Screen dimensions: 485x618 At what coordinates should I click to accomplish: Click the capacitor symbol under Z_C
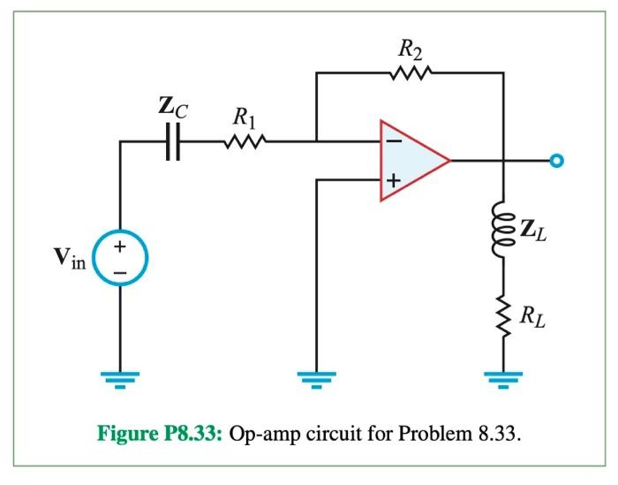pyautogui.click(x=174, y=140)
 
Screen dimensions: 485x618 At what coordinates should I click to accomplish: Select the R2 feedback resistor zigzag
pyautogui.click(x=410, y=74)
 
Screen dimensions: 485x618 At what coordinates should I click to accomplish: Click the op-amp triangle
pyautogui.click(x=411, y=161)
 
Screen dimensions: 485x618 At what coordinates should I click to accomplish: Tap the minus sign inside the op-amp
pyautogui.click(x=391, y=140)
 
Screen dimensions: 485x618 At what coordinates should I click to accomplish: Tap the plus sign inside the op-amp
pyautogui.click(x=391, y=181)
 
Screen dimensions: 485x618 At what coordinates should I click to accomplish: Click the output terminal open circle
pyautogui.click(x=555, y=161)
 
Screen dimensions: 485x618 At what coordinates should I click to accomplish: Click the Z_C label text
pyautogui.click(x=173, y=110)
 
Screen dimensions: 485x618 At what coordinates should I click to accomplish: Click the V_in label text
pyautogui.click(x=68, y=261)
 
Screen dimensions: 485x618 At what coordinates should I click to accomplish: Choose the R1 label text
pyautogui.click(x=245, y=115)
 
